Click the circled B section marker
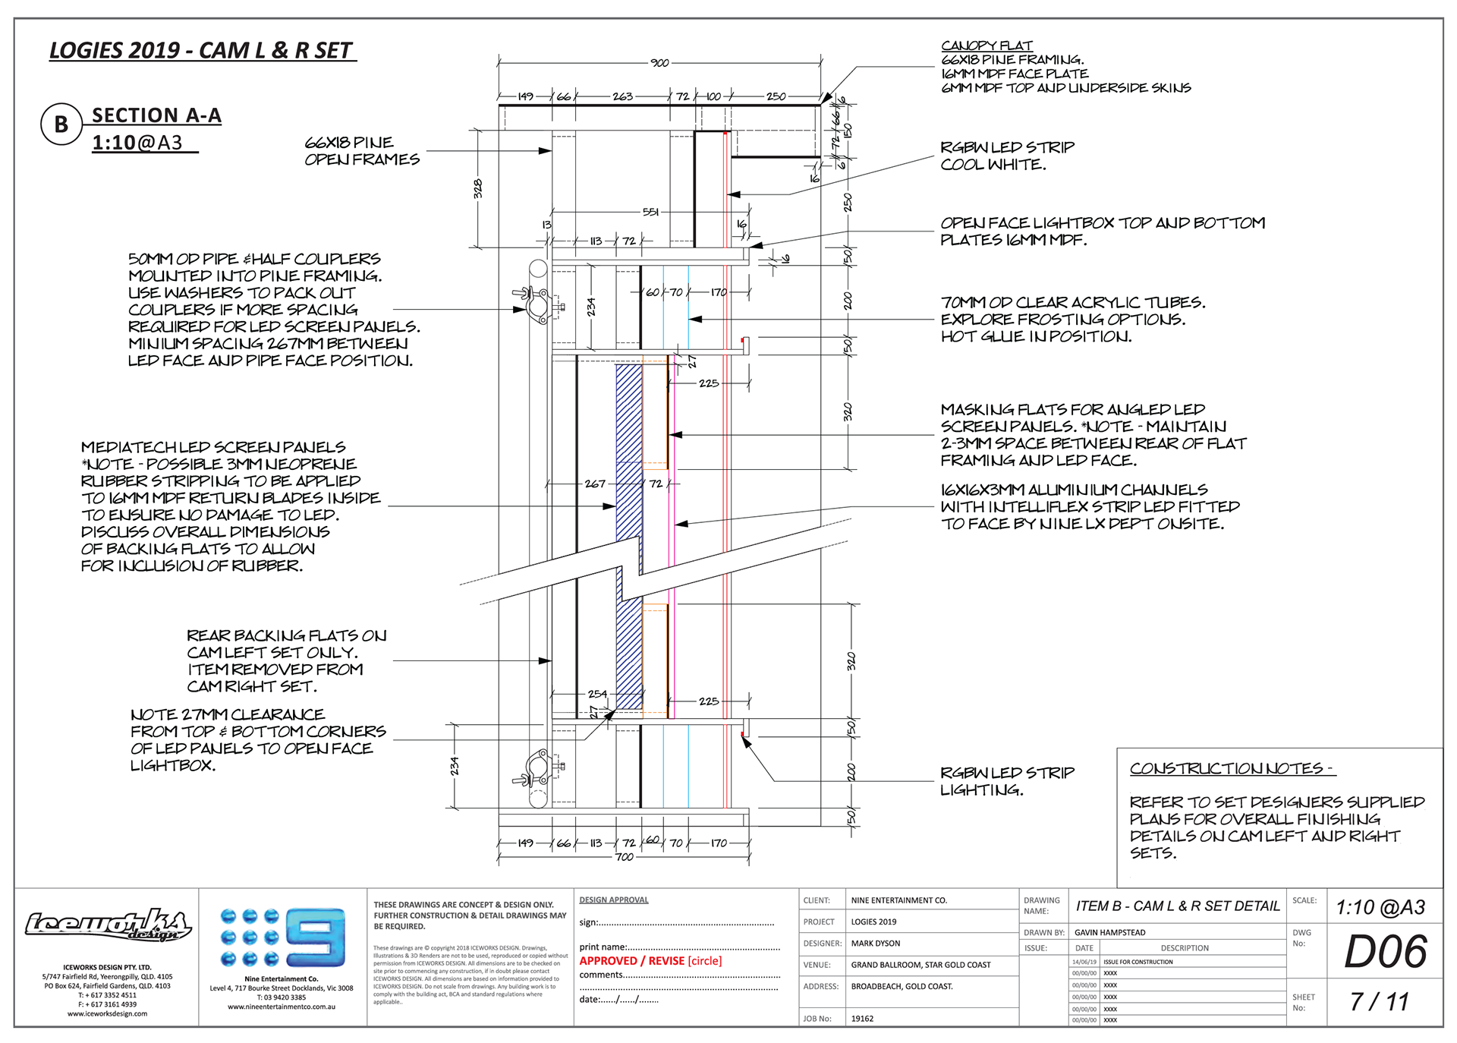61,124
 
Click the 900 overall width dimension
659,63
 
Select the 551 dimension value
650,213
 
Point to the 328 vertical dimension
478,189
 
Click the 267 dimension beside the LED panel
595,484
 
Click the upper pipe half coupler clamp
539,305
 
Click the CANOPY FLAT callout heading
987,46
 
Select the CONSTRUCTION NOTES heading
1231,768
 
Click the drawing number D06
1385,952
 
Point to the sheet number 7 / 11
1379,1002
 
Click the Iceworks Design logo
107,925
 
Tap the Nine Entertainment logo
282,937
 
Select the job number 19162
862,1019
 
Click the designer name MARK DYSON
875,944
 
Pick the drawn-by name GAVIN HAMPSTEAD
1109,932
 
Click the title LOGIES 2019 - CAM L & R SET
201,51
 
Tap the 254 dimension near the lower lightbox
597,694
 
